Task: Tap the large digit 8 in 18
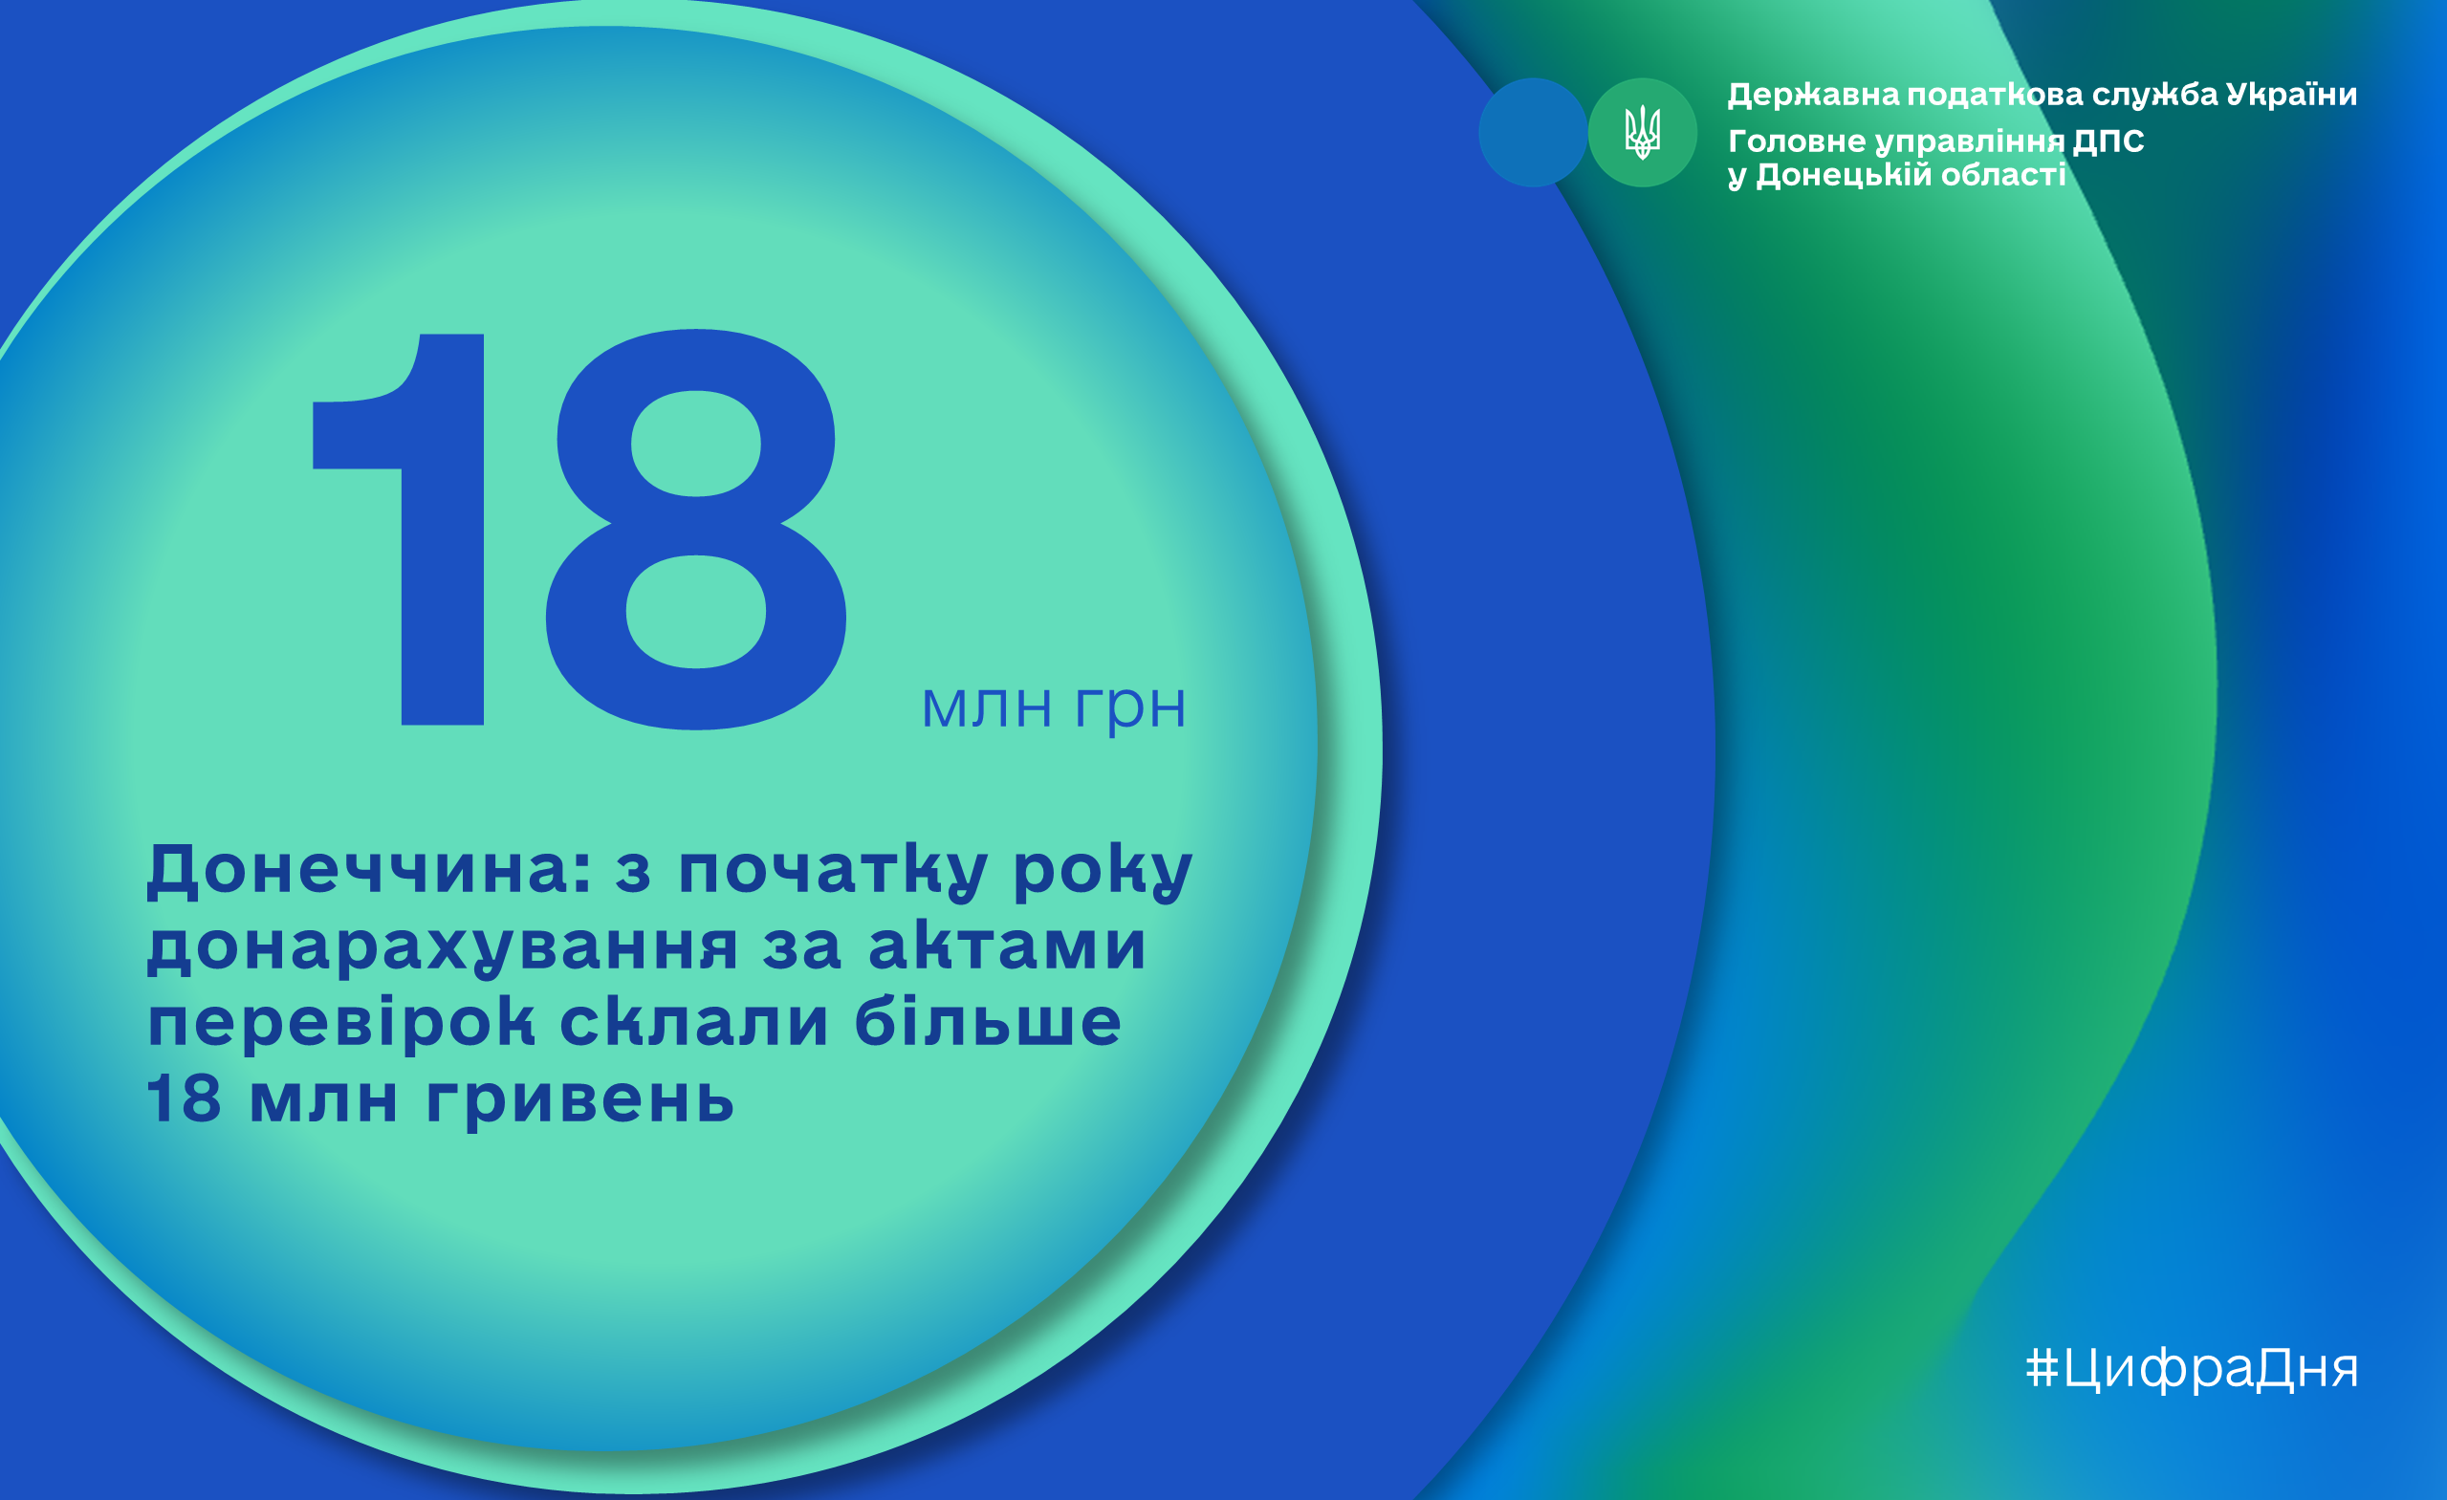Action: click(x=696, y=529)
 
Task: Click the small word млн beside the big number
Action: click(x=986, y=707)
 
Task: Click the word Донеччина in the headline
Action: click(x=368, y=870)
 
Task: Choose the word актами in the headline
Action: click(x=1007, y=946)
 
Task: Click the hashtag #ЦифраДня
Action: click(x=2192, y=1370)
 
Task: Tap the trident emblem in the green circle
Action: click(x=1643, y=132)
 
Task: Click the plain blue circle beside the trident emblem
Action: click(x=1532, y=132)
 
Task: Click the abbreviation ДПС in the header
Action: click(x=2108, y=141)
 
